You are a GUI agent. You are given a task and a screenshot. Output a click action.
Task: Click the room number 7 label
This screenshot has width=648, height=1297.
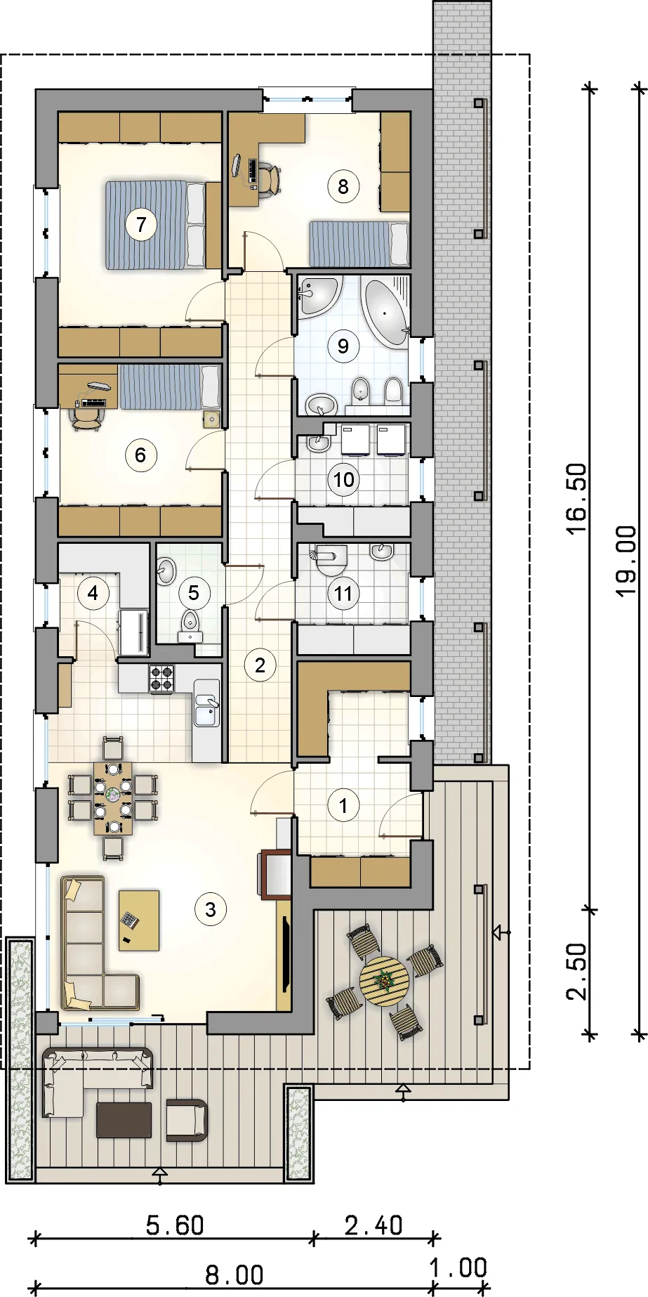tap(142, 225)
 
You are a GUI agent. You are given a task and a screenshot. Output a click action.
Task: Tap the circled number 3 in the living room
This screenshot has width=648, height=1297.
tap(211, 910)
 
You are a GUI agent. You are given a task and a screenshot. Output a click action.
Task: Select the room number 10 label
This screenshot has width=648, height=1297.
tap(343, 480)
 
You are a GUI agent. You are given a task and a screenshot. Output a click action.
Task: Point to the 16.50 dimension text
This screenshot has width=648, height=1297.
tap(576, 499)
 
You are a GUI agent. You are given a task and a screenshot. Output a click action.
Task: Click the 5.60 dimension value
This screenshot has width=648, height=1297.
tap(175, 1225)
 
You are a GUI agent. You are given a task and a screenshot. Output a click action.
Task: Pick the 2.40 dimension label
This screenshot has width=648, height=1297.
tap(373, 1225)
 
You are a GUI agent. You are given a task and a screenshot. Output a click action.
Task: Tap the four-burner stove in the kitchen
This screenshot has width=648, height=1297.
tap(161, 678)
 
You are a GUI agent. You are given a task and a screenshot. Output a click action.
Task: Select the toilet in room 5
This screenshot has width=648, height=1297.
tap(190, 624)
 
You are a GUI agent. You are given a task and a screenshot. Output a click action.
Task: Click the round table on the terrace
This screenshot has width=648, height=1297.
tap(384, 981)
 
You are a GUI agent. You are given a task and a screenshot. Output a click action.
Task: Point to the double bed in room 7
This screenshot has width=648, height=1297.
tap(157, 225)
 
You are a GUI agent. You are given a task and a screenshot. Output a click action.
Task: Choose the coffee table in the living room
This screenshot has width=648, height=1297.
tap(139, 920)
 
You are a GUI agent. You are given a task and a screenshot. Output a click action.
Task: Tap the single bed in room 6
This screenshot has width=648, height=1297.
tap(170, 386)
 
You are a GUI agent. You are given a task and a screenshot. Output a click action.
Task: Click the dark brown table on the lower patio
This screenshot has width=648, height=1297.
tap(124, 1120)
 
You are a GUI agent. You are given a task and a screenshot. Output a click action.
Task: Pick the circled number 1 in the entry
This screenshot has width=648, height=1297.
tap(343, 805)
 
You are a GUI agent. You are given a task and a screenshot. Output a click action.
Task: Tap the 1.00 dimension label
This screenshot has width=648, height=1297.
tap(458, 1267)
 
